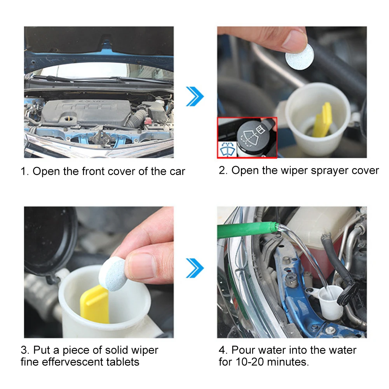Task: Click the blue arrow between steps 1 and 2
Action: point(195,96)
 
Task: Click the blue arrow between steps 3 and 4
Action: point(195,268)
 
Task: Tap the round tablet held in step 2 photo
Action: point(300,57)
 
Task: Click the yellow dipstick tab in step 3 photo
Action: point(94,304)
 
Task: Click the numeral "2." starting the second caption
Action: point(223,171)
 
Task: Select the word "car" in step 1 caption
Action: point(177,172)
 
